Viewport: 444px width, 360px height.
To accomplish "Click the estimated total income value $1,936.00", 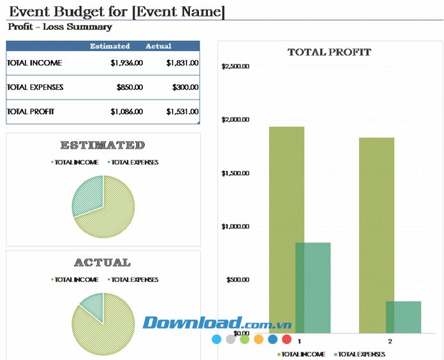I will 126,63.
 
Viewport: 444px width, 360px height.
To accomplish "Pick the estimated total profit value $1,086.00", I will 126,112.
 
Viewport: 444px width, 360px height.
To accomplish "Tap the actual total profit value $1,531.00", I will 182,112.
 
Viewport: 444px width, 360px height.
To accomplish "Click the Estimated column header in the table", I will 110,46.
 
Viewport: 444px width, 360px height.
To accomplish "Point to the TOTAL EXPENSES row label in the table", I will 35,87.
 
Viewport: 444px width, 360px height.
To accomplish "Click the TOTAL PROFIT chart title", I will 329,52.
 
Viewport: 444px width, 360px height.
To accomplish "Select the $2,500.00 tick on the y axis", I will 235,66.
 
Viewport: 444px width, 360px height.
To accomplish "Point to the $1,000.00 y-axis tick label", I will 235,227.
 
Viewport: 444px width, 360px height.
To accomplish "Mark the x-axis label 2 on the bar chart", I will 390,341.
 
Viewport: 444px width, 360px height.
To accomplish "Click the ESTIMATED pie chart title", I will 102,146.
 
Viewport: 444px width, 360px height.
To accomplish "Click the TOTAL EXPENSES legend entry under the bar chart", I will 360,354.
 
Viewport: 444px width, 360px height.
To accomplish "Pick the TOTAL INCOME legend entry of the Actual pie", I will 75,280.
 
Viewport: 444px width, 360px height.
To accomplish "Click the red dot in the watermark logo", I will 286,340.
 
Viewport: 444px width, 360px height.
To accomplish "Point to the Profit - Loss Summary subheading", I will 60,27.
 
